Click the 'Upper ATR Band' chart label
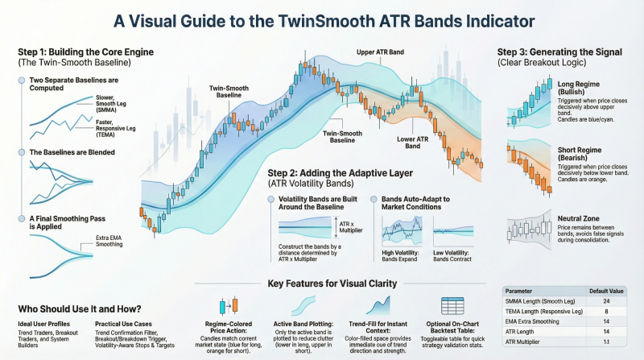click(x=380, y=52)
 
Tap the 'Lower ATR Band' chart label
click(x=413, y=143)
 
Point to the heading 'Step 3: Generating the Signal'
click(x=554, y=52)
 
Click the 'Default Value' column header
click(x=605, y=290)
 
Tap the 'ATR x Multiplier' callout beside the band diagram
click(x=353, y=228)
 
